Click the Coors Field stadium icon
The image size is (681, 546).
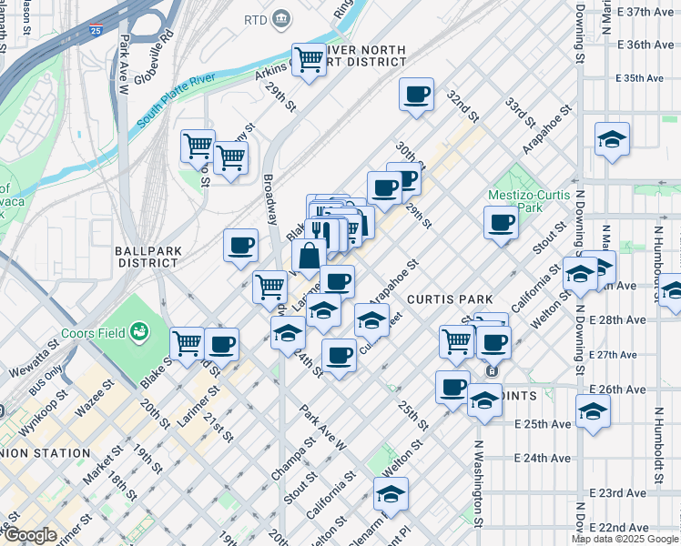(139, 331)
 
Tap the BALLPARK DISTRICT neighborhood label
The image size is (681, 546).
(146, 256)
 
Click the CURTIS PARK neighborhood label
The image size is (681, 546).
(450, 299)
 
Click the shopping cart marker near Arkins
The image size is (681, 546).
(309, 59)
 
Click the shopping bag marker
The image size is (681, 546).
(309, 254)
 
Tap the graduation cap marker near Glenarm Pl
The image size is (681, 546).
(391, 494)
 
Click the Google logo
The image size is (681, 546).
(30, 536)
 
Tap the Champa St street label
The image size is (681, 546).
(292, 460)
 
